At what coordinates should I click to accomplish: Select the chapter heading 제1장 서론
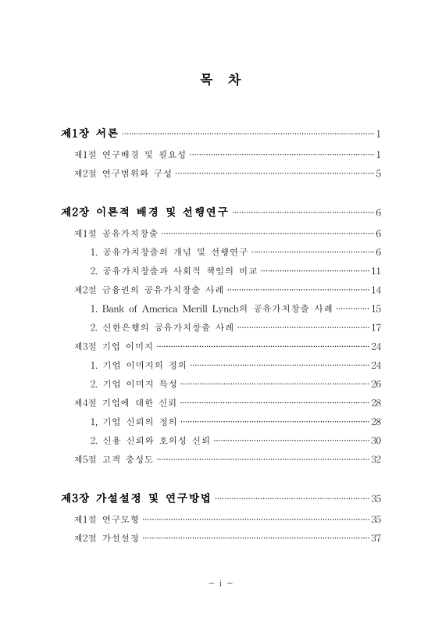pos(90,133)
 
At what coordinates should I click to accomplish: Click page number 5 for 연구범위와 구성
pos(378,173)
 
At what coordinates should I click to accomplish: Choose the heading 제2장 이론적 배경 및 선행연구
pos(144,211)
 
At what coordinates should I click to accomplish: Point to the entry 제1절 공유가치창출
pos(116,233)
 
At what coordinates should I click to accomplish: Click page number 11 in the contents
pos(375,271)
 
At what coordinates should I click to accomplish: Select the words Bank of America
pos(150,309)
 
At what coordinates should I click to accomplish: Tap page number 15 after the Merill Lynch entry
pos(376,309)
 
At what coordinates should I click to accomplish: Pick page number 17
pos(376,327)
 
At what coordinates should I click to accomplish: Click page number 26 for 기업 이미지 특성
pos(376,384)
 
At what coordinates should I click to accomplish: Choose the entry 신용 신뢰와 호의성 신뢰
pos(156,440)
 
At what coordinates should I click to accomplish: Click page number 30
pos(376,440)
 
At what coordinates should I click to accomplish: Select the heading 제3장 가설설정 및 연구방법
pos(136,498)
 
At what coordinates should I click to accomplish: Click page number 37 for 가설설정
pos(376,538)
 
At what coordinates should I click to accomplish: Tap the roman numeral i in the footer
pos(221,584)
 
